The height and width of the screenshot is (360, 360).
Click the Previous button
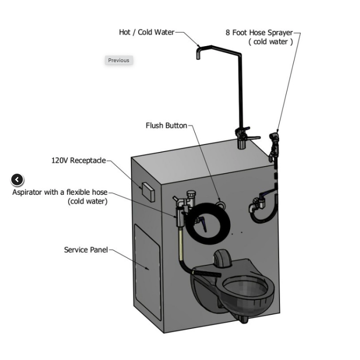(x=119, y=60)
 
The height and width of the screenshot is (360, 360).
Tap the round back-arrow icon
(x=17, y=180)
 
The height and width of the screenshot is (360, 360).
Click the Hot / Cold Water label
(x=146, y=32)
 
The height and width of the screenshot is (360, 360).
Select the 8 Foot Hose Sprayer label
(x=259, y=32)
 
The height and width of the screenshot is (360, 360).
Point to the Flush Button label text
(x=167, y=126)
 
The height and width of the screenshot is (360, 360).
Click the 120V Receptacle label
(x=79, y=160)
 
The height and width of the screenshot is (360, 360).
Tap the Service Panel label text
(x=86, y=250)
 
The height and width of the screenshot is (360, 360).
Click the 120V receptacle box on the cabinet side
(x=148, y=192)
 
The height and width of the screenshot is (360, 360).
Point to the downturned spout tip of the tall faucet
(x=198, y=55)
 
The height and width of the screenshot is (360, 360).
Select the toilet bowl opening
(x=245, y=290)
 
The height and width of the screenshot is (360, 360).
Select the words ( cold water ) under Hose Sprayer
(x=271, y=42)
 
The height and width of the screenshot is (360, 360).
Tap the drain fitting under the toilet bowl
(x=243, y=319)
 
